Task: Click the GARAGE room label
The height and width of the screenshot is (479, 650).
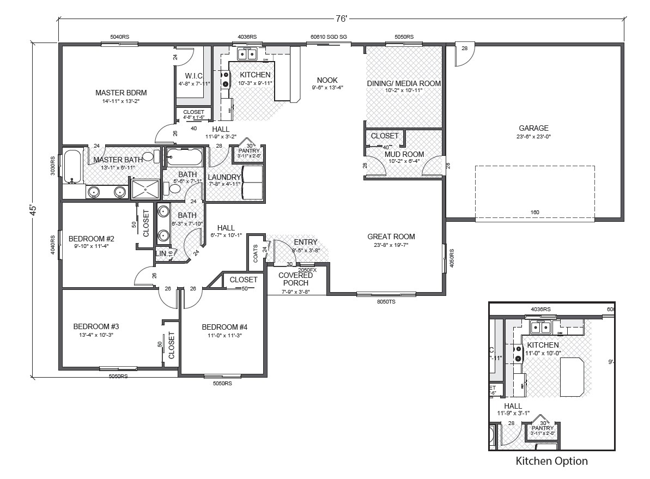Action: pyautogui.click(x=533, y=129)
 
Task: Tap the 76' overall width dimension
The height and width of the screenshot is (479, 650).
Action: pyautogui.click(x=341, y=19)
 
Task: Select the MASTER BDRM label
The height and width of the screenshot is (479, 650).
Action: pyautogui.click(x=121, y=93)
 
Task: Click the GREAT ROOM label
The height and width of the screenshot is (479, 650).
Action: pyautogui.click(x=391, y=237)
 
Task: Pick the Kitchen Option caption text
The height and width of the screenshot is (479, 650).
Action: pyautogui.click(x=551, y=461)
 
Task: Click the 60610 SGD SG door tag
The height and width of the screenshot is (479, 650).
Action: pyautogui.click(x=329, y=37)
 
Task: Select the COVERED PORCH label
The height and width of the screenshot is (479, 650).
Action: pyautogui.click(x=295, y=279)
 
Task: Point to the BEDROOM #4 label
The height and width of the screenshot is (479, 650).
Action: pyautogui.click(x=224, y=327)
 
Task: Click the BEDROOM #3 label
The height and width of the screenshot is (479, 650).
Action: pyautogui.click(x=96, y=326)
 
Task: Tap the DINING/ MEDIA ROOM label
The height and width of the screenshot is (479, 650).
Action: pyautogui.click(x=404, y=83)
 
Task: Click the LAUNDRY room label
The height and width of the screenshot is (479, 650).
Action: pyautogui.click(x=224, y=177)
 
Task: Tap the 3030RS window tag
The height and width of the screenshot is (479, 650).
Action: pyautogui.click(x=53, y=166)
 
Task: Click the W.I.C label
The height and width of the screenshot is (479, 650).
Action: pyautogui.click(x=194, y=75)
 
